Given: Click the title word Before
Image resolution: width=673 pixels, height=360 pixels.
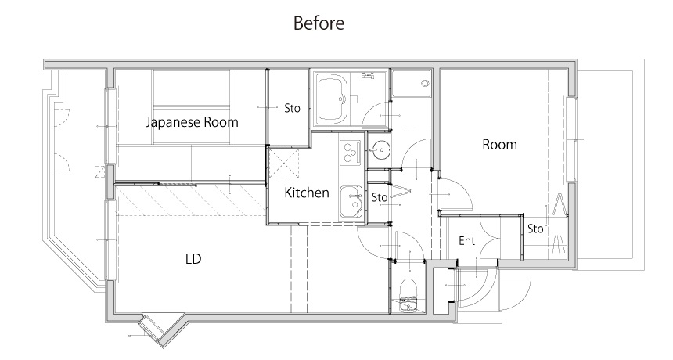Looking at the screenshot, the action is coord(319,23).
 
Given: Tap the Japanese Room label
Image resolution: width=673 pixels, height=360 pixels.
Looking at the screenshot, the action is coord(192,122).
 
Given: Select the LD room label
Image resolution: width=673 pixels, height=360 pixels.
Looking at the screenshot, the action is coord(193,259).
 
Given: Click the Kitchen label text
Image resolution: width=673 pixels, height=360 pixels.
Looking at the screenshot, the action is coord(307,193).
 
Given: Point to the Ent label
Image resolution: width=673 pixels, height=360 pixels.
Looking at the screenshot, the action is coord(467,241).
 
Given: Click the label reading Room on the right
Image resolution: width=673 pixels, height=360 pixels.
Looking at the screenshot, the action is coord(499,144).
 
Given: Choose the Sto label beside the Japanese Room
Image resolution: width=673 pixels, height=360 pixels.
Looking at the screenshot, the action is coord(292,108).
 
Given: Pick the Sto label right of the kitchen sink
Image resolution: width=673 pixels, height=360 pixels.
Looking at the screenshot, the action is coord(379,197).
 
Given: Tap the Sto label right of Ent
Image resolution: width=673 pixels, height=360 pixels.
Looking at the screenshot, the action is coord(535,229).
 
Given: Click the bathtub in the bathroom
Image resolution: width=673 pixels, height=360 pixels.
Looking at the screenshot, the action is coord(331,99).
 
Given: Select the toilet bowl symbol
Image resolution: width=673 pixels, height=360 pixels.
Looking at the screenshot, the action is coord(408,289).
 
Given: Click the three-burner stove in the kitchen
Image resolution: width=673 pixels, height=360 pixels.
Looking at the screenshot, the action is coord(349,153).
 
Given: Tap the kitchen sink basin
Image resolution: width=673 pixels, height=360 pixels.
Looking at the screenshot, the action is coord(351,201).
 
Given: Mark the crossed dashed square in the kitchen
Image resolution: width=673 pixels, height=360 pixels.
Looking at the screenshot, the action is coord(283,162).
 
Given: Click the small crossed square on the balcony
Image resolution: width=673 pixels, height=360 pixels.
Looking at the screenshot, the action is coord(100,171).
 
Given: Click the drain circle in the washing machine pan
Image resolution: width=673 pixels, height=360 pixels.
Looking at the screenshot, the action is coord(425,83).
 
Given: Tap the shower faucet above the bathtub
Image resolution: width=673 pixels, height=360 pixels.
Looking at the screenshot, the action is coord(367,77).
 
